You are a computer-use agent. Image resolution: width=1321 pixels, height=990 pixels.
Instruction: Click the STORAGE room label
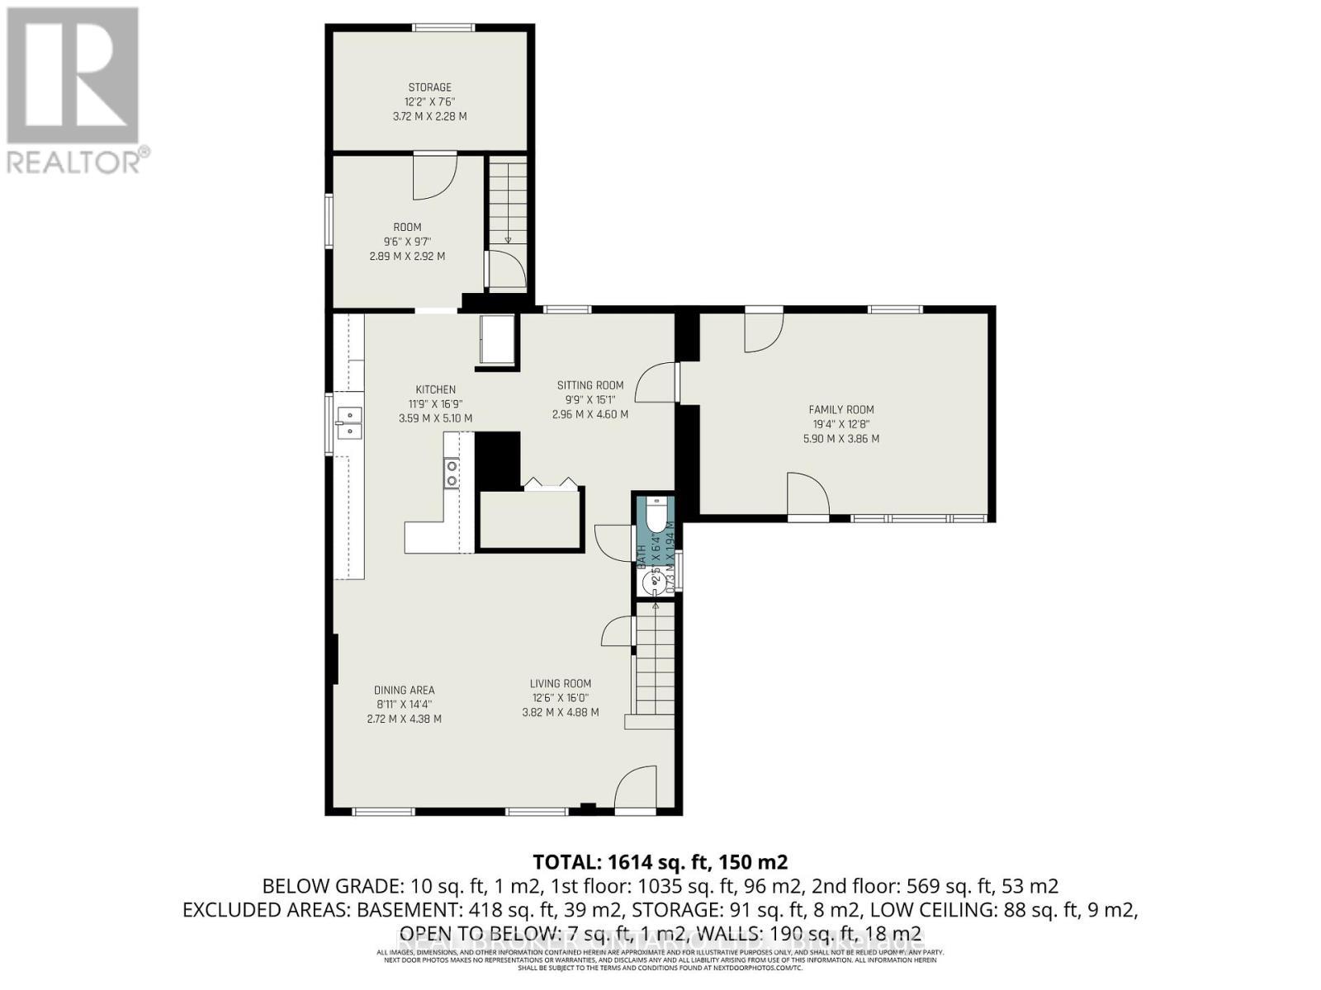pyautogui.click(x=429, y=87)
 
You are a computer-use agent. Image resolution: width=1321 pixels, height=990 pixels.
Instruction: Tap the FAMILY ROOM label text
pyautogui.click(x=840, y=409)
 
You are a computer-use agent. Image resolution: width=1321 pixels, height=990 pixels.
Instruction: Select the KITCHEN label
pyautogui.click(x=435, y=389)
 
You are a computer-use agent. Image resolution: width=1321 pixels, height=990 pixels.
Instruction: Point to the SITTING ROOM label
pyautogui.click(x=589, y=385)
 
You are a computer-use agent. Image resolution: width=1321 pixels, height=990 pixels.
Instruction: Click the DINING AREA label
pyautogui.click(x=404, y=690)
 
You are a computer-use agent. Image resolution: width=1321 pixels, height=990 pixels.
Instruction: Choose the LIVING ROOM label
pyautogui.click(x=560, y=683)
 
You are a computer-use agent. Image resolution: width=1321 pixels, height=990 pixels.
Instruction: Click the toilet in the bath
pyautogui.click(x=656, y=516)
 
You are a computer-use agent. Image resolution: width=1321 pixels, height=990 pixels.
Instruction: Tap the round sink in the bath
pyautogui.click(x=653, y=582)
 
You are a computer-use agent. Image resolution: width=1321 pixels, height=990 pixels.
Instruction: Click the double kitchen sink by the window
pyautogui.click(x=348, y=422)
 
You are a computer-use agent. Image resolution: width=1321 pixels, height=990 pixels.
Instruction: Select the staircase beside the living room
pyautogui.click(x=655, y=660)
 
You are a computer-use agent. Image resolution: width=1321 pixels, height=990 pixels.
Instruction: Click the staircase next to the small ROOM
pyautogui.click(x=507, y=202)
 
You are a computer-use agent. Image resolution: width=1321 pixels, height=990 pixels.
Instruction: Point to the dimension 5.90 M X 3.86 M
pyautogui.click(x=840, y=439)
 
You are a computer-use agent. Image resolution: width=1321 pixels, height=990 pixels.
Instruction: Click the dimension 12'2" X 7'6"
pyautogui.click(x=429, y=102)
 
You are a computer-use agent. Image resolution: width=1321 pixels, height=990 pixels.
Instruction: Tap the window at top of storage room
pyautogui.click(x=444, y=28)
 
